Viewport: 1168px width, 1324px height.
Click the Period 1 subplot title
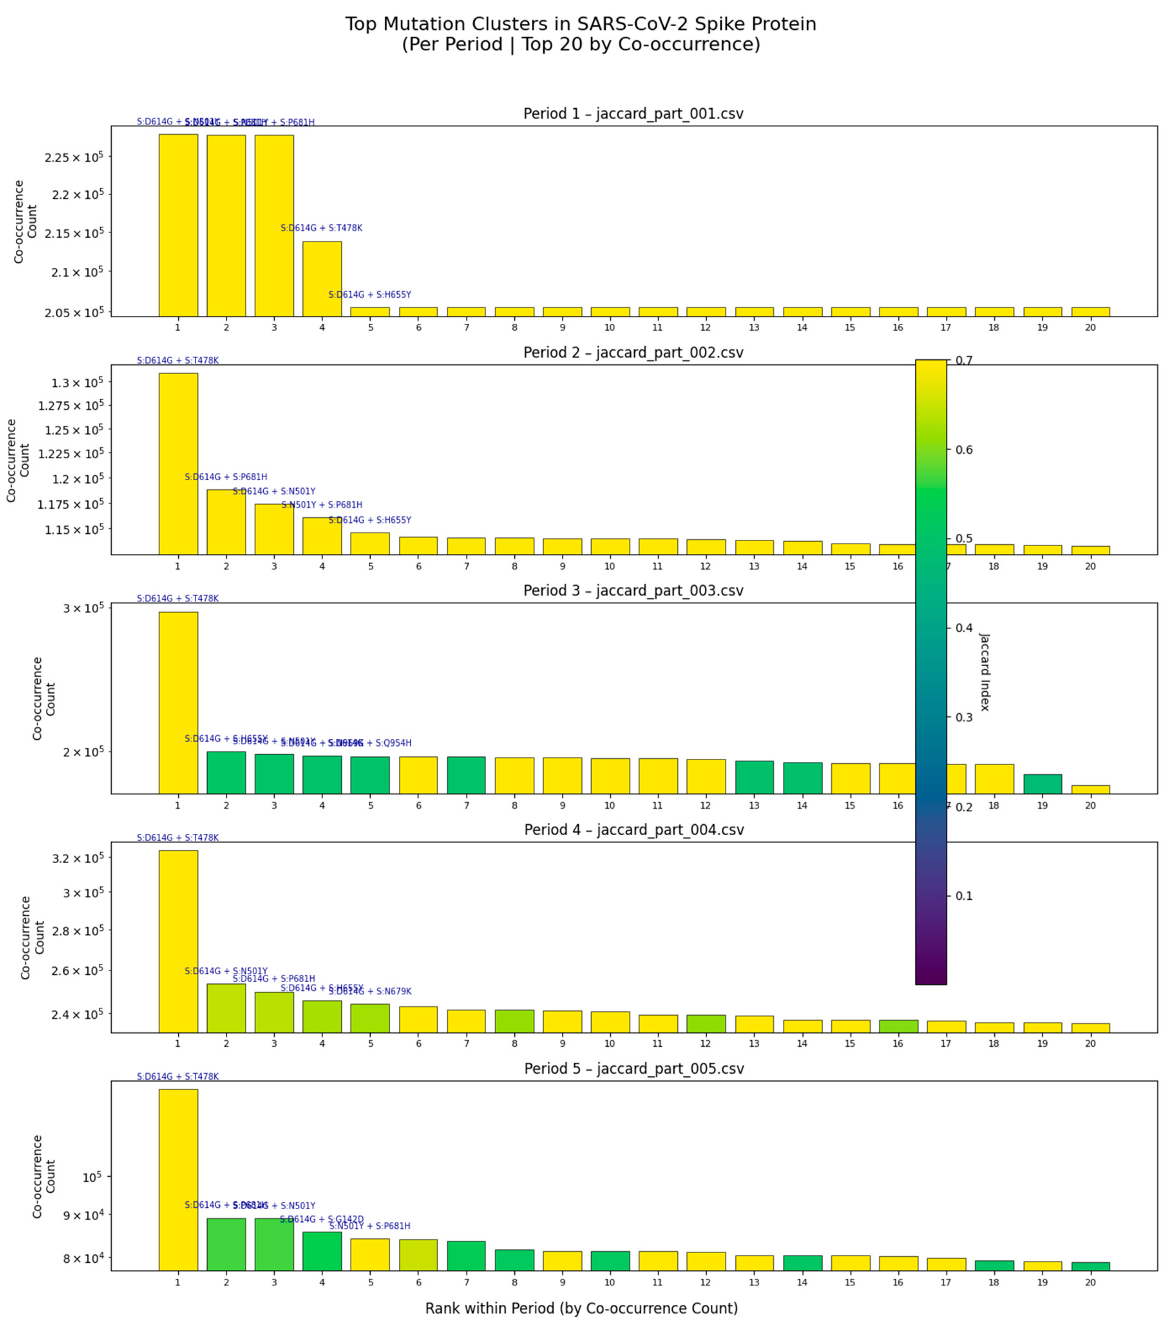(633, 114)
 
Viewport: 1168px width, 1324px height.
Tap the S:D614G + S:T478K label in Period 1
(321, 228)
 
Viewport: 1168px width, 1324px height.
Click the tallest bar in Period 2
(178, 463)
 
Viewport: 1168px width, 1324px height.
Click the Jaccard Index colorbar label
(984, 672)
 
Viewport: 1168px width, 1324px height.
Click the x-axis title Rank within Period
(581, 1308)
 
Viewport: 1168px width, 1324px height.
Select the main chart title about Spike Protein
(580, 34)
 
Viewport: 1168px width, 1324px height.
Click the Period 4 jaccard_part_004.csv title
(634, 830)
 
